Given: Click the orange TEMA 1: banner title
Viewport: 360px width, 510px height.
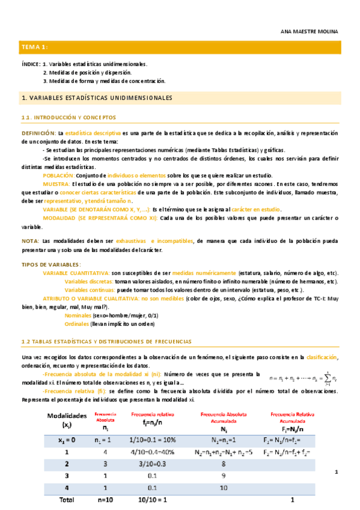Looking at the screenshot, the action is [x=34, y=48].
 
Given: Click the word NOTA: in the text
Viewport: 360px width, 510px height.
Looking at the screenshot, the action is [x=30, y=241].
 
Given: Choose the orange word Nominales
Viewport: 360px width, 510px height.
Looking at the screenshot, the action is [x=77, y=315].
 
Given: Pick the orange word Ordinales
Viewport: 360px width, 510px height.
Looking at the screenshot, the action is [x=76, y=324].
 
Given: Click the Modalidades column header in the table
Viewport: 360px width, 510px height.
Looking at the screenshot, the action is [x=66, y=420].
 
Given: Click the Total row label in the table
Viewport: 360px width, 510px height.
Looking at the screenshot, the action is [x=67, y=500].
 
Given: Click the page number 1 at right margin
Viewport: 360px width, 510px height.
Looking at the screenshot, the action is [x=337, y=473].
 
